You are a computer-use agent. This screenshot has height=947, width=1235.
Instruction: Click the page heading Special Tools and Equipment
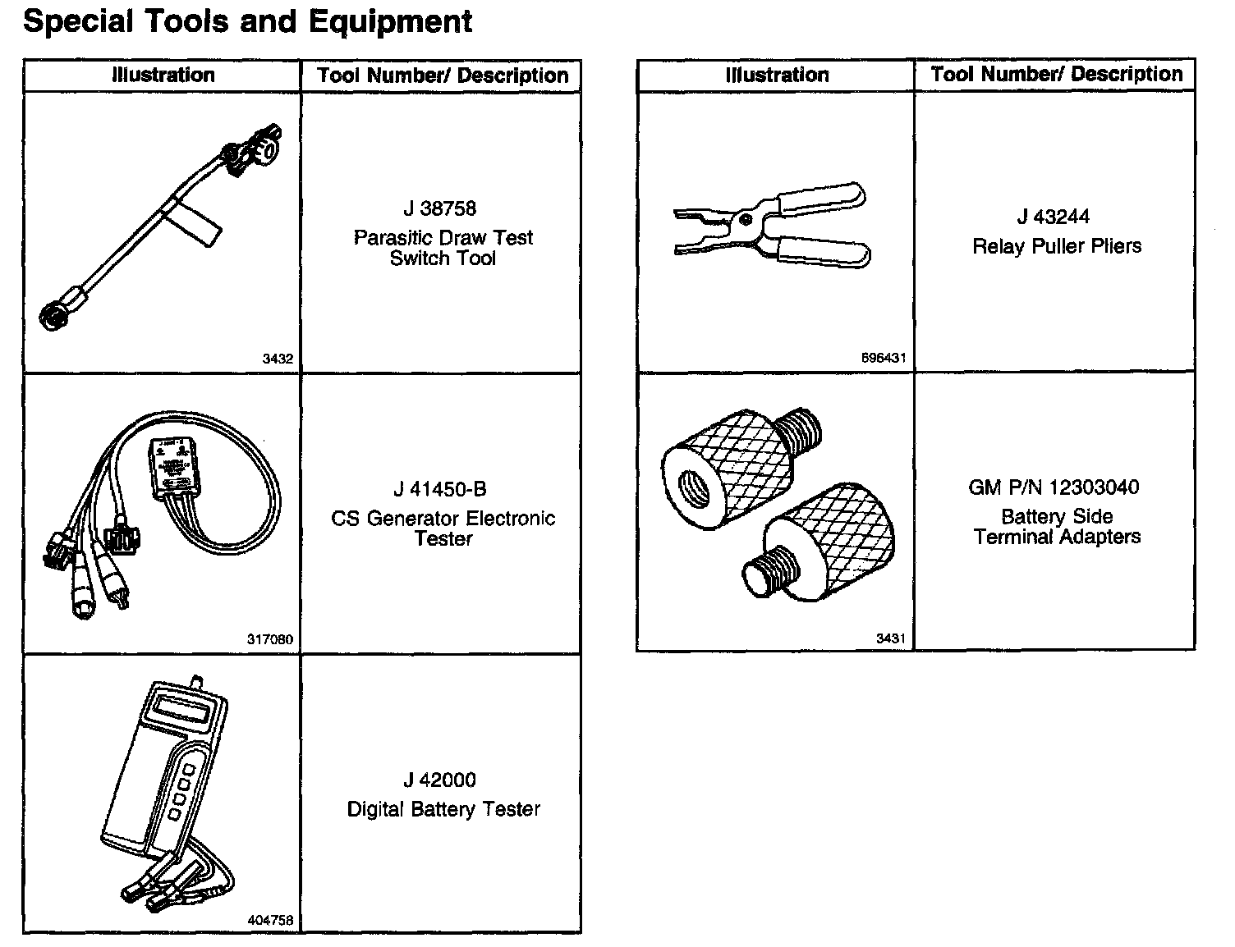tap(247, 22)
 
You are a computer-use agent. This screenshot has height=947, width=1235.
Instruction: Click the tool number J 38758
tap(439, 209)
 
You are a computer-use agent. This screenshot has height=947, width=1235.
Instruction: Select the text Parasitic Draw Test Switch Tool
tap(443, 248)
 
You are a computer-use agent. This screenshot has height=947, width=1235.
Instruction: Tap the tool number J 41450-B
tap(440, 490)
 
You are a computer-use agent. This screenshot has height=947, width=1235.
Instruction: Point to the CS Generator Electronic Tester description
tap(443, 528)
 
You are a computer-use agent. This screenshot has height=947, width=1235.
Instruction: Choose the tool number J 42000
tap(440, 780)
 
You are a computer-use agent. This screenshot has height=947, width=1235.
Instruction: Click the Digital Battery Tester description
tap(443, 809)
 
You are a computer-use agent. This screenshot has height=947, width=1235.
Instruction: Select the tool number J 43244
tap(1054, 217)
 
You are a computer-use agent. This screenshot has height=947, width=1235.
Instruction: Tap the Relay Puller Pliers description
tap(1057, 246)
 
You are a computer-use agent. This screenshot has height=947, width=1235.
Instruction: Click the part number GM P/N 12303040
tap(1054, 487)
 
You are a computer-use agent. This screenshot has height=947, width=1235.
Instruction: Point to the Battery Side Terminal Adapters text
tap(1057, 527)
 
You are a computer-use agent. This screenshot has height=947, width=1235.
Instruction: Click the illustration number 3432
tap(278, 359)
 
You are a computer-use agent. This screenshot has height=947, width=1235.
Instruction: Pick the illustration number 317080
tap(270, 639)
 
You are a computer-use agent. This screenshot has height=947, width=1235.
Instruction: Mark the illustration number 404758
tap(270, 921)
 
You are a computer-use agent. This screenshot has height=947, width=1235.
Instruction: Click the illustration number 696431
tap(884, 358)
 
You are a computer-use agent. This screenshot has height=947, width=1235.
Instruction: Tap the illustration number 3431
tap(890, 638)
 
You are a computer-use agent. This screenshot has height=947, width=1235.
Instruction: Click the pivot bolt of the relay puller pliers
tap(744, 219)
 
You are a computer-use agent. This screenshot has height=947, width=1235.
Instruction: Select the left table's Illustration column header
tap(163, 75)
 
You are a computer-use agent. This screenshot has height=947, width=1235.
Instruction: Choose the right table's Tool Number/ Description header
tap(1057, 75)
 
